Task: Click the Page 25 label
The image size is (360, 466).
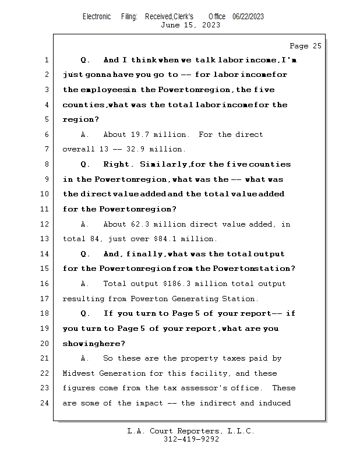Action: (305, 46)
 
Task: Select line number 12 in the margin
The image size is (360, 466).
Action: (47, 224)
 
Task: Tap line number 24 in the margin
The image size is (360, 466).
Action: (47, 403)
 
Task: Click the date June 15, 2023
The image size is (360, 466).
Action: (190, 25)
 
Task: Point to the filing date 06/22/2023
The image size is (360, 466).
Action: (248, 16)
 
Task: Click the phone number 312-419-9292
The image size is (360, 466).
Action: (190, 439)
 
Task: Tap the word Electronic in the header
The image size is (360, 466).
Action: (97, 16)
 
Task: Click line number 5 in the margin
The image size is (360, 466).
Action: (47, 119)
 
